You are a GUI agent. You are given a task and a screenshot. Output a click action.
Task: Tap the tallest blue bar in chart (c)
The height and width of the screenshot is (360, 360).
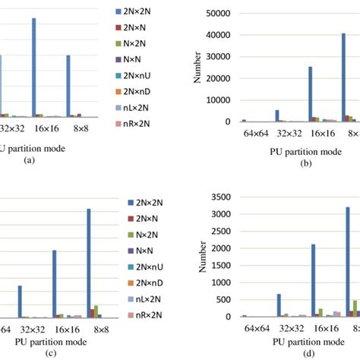(88, 263)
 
